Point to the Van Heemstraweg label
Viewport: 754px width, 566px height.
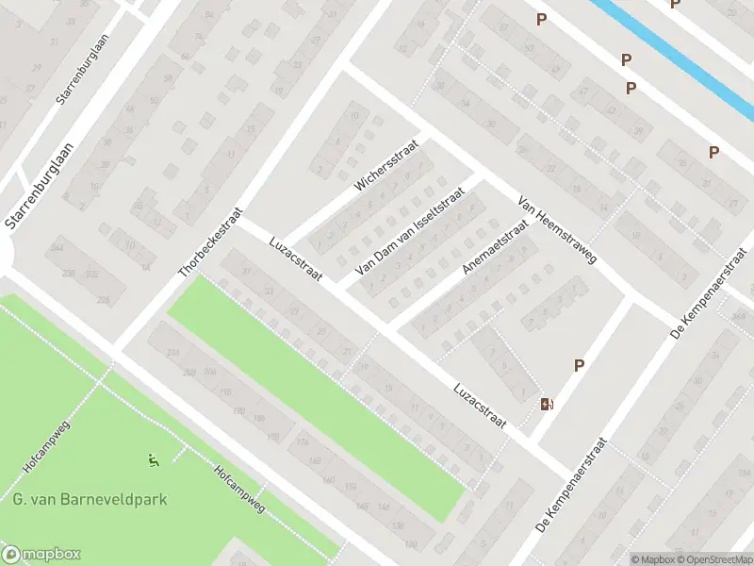pos(556,229)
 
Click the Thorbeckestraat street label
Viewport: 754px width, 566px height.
pos(210,243)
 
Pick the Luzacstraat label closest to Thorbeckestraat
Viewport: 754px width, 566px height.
pos(296,258)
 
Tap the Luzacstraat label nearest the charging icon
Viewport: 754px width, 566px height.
pos(479,406)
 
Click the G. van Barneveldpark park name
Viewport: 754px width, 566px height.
pos(90,499)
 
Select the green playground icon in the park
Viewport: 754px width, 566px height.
pos(153,460)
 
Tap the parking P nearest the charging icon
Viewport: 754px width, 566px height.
pos(579,366)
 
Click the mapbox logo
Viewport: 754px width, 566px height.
pos(41,555)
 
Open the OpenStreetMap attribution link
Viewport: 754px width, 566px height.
pos(717,558)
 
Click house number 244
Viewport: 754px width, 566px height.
pos(58,248)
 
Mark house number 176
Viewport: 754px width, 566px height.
pos(302,441)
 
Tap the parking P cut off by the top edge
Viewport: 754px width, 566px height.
pos(675,4)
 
